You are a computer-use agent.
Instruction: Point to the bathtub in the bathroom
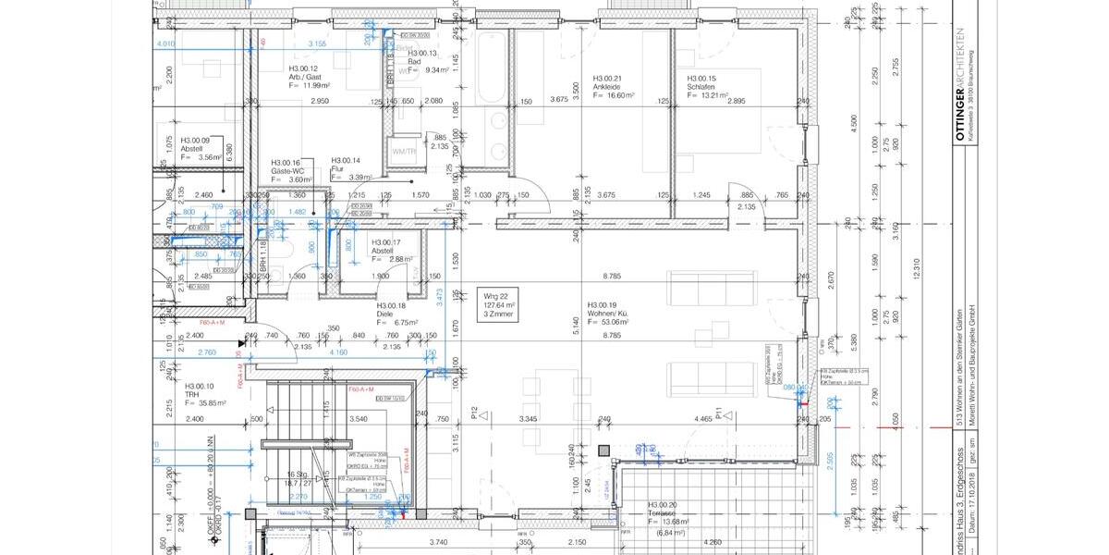click(x=490, y=69)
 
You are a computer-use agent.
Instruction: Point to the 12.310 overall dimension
click(x=916, y=268)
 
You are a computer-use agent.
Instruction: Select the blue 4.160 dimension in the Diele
click(x=337, y=353)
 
